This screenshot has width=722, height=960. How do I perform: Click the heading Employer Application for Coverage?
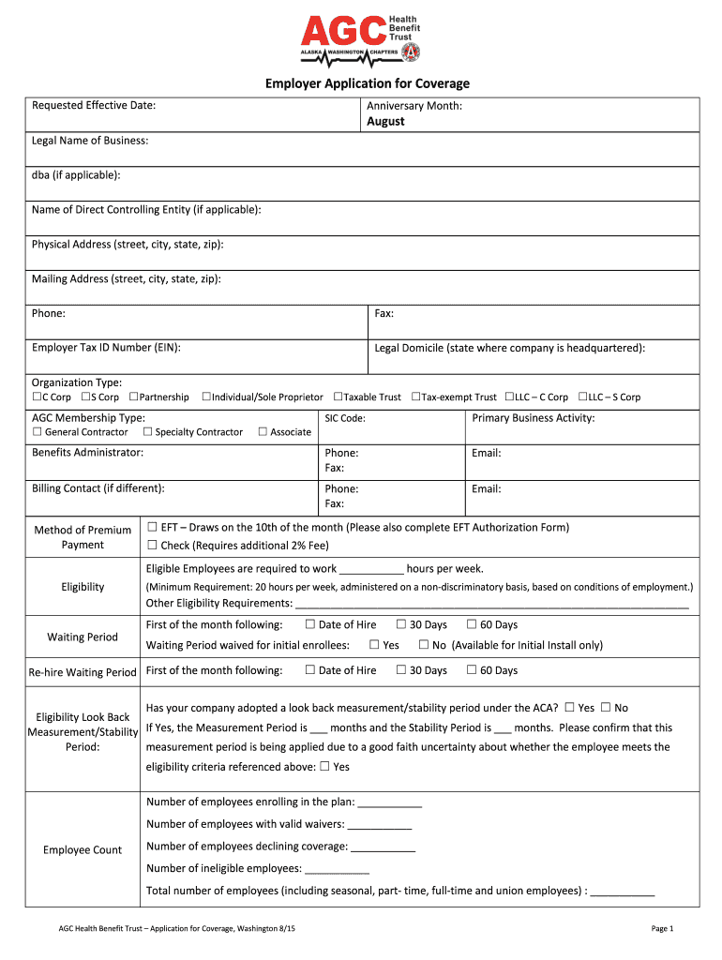[x=367, y=84]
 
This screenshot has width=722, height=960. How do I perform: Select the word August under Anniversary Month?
[x=385, y=122]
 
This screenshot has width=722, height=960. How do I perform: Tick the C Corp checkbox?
[x=37, y=397]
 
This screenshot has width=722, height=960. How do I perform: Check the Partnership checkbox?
[x=134, y=397]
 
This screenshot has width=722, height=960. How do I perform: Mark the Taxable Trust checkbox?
[x=338, y=397]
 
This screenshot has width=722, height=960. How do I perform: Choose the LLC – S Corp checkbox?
[x=582, y=397]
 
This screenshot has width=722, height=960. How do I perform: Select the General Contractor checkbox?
[x=38, y=432]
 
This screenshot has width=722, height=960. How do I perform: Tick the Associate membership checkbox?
[x=263, y=432]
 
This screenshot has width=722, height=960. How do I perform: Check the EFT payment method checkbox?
[x=152, y=527]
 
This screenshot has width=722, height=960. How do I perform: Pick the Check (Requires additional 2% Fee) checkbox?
[x=152, y=546]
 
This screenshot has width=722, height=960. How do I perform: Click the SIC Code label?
[x=345, y=418]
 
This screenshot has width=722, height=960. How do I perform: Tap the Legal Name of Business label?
[x=90, y=141]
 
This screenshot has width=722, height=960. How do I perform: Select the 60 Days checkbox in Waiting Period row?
[x=473, y=624]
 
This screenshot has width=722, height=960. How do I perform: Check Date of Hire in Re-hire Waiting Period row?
[x=310, y=670]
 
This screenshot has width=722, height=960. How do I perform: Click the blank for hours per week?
[x=371, y=569]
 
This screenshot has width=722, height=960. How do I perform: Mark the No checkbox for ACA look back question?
[x=606, y=708]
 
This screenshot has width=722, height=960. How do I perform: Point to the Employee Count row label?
[x=83, y=850]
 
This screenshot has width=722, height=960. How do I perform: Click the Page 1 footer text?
[x=662, y=928]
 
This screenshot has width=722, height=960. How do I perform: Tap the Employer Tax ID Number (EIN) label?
[x=106, y=348]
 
